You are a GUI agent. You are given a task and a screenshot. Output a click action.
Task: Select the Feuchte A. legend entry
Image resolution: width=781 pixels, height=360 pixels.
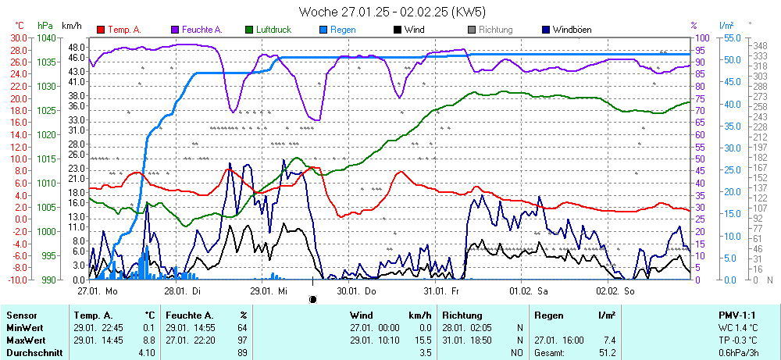click(202, 30)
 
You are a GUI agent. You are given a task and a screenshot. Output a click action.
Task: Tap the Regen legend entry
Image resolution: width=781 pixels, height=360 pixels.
click(343, 30)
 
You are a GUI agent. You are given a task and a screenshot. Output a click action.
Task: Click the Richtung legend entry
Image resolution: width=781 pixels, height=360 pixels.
click(495, 30)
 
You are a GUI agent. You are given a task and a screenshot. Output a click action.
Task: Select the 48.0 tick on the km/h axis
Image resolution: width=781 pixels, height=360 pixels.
click(76, 47)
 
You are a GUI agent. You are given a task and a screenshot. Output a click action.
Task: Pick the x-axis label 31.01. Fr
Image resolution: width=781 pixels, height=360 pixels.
click(441, 290)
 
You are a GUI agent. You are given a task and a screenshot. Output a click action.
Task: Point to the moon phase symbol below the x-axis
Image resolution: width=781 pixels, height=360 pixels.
click(313, 299)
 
